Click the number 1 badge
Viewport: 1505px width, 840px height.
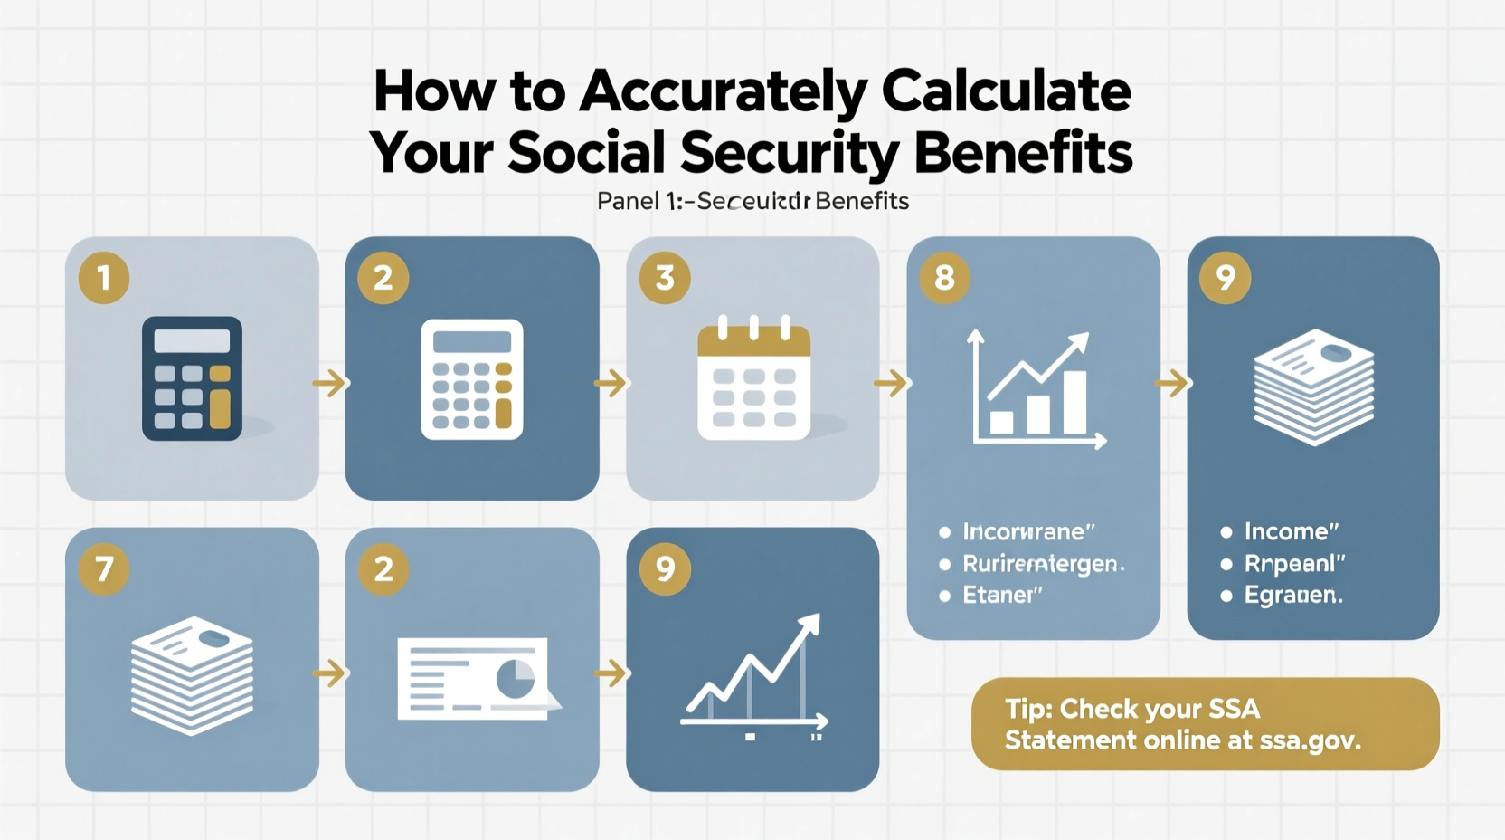pyautogui.click(x=104, y=278)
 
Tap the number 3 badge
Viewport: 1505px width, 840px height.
pyautogui.click(x=665, y=278)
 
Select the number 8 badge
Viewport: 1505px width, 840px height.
pyautogui.click(x=944, y=278)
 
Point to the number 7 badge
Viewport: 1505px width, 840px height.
pyautogui.click(x=104, y=569)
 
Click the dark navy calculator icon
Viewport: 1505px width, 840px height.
pyautogui.click(x=192, y=378)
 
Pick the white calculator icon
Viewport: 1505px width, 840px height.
pyautogui.click(x=472, y=379)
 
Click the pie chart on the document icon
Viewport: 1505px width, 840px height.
pyautogui.click(x=516, y=678)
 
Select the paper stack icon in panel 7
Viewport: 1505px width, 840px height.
pyautogui.click(x=192, y=674)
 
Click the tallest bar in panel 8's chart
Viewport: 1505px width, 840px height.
pyautogui.click(x=1074, y=402)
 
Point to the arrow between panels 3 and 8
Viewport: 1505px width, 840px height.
pyautogui.click(x=892, y=383)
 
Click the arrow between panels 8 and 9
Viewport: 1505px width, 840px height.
pyautogui.click(x=1172, y=383)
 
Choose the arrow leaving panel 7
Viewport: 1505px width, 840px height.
pyautogui.click(x=330, y=673)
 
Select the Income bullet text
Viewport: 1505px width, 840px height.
pyautogui.click(x=1291, y=531)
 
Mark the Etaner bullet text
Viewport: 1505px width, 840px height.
pyautogui.click(x=1002, y=595)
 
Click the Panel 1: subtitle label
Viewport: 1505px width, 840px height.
pyautogui.click(x=639, y=201)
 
